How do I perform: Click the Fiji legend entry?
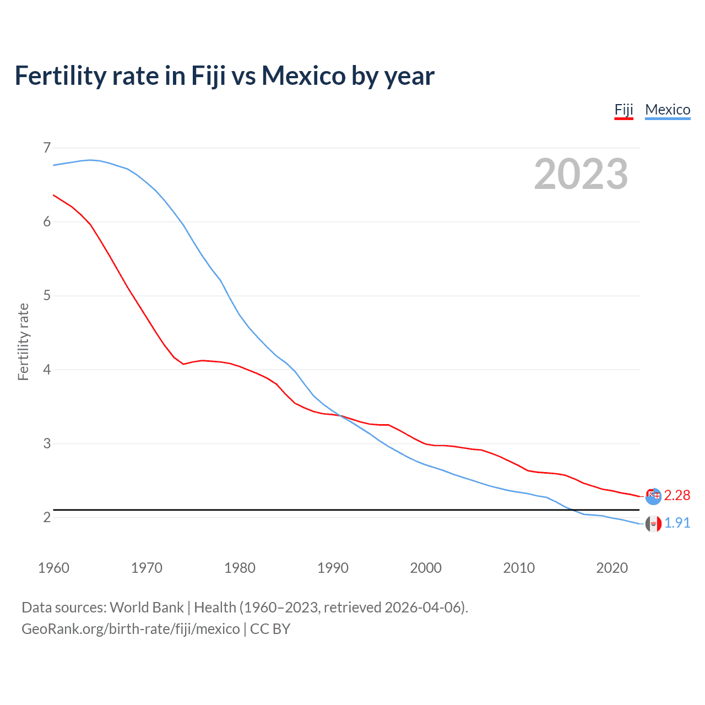click(x=623, y=110)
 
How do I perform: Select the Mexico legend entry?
click(x=668, y=110)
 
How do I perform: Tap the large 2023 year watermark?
click(x=581, y=174)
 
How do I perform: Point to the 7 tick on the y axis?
click(x=47, y=148)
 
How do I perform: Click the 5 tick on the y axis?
click(x=47, y=296)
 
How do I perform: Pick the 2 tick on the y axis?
click(x=47, y=517)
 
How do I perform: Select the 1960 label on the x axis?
click(x=53, y=568)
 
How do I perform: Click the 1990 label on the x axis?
click(x=333, y=568)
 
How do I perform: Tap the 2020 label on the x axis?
click(x=612, y=568)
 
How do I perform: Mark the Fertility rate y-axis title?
click(x=23, y=341)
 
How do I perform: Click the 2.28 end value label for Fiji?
click(x=677, y=496)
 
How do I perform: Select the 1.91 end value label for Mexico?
click(x=677, y=523)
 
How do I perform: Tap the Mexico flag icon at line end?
click(x=653, y=524)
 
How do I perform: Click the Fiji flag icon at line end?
click(x=653, y=496)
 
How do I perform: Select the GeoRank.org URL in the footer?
click(x=131, y=629)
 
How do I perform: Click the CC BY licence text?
click(x=270, y=629)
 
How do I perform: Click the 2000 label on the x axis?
click(x=426, y=568)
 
